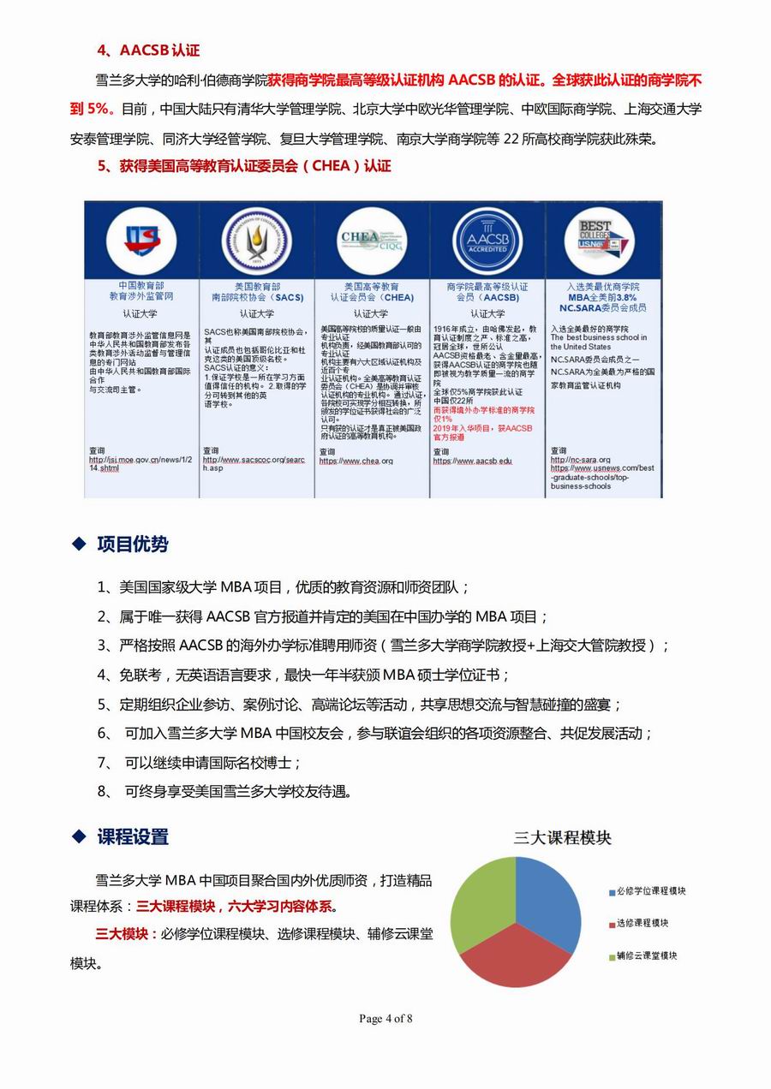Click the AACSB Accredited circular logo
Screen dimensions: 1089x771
coord(487,241)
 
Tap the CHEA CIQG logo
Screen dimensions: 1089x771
coord(372,241)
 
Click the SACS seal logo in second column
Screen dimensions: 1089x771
coord(256,241)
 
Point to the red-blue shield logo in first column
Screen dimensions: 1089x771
coord(142,241)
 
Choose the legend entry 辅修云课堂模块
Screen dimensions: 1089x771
coord(647,955)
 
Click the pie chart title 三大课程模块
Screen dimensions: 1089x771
coord(562,837)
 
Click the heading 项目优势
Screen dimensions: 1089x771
coord(133,544)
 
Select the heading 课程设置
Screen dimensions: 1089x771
coord(133,836)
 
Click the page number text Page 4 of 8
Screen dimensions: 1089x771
coord(385,1018)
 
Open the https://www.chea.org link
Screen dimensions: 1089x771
coord(356,461)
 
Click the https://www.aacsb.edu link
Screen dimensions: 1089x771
coord(472,461)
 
